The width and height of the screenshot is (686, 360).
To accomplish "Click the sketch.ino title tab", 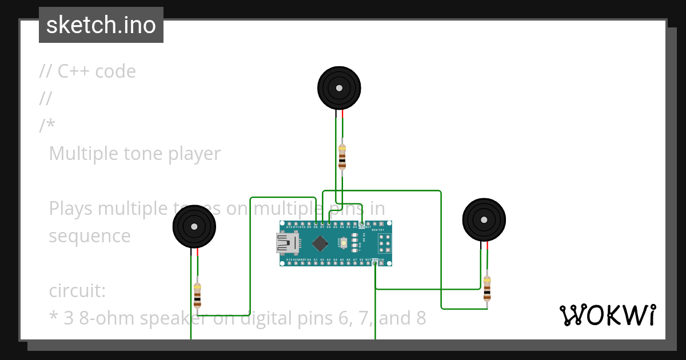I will coord(101,25).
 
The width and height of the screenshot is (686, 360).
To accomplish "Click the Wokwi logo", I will coord(607,315).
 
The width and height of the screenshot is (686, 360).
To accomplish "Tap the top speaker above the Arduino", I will coord(339,88).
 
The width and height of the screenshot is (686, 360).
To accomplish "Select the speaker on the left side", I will coord(194,227).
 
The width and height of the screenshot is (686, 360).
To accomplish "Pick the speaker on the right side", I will coord(484,220).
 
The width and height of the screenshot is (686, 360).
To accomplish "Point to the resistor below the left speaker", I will coord(197,295).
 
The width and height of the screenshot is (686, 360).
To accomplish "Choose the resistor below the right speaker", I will coord(487,289).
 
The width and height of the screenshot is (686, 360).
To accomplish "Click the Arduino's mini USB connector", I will coord(288,244).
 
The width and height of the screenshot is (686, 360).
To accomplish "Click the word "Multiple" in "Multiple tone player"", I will coord(83,154).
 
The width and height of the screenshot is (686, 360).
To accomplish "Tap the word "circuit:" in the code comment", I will coord(77,291).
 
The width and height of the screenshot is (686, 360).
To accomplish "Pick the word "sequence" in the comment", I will coord(90,236).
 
